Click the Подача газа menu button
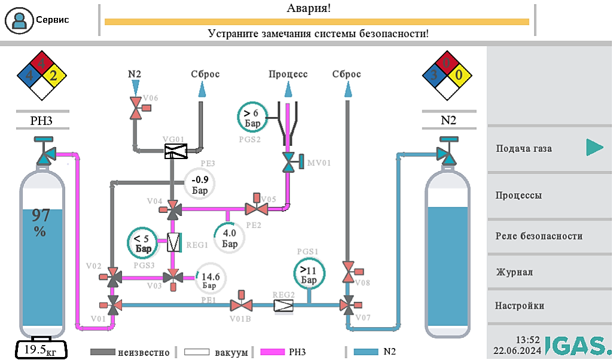point(549,148)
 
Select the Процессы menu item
point(549,196)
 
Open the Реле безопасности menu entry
point(549,236)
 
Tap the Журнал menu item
point(549,272)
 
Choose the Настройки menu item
point(549,306)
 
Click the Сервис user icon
point(20,20)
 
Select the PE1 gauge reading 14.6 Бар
point(211,278)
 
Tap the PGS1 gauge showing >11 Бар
point(309,274)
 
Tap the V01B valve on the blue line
point(242,305)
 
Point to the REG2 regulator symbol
point(284,306)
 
